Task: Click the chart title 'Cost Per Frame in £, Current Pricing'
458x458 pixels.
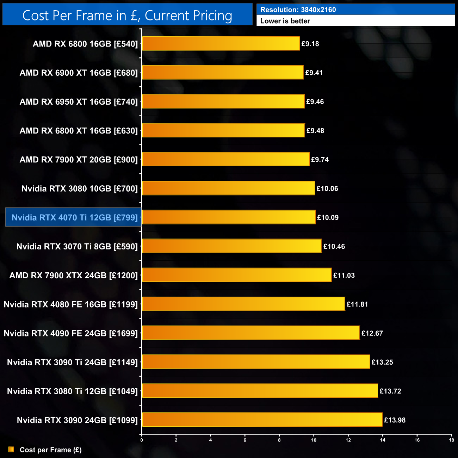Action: tap(127, 16)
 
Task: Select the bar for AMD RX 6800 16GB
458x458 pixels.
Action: tap(221, 44)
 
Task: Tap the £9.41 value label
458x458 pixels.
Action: tap(314, 73)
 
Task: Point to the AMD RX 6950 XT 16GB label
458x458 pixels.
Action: tap(79, 102)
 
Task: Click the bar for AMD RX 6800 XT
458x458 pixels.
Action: tap(223, 130)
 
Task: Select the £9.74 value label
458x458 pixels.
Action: tap(320, 160)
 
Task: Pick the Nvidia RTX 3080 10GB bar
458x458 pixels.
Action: tap(228, 188)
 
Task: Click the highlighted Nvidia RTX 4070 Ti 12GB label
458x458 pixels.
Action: tap(74, 217)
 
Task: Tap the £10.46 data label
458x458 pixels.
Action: tap(334, 247)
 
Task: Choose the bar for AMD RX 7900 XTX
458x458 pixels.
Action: tap(236, 275)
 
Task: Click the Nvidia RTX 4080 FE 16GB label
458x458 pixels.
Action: tap(70, 304)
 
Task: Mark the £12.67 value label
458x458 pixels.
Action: tap(372, 333)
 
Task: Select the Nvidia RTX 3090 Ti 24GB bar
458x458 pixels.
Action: tap(256, 362)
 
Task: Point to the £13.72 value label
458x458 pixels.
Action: tap(390, 391)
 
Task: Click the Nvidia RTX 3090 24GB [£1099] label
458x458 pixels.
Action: tap(77, 420)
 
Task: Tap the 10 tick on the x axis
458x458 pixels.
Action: tap(314, 440)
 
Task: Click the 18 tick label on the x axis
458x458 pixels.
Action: tap(451, 440)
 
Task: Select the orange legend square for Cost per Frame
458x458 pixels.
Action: tap(11, 450)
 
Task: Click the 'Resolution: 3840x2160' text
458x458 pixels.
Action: tap(298, 10)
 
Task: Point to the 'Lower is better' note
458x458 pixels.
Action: tap(285, 21)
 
